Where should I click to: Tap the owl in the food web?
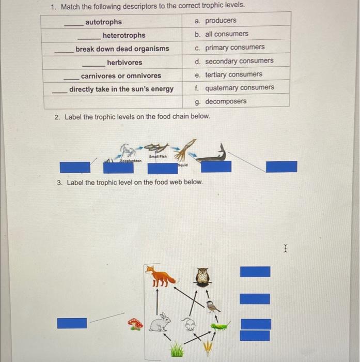point(203,277)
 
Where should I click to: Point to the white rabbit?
point(161,323)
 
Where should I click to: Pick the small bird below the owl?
point(212,306)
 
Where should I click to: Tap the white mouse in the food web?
point(190,325)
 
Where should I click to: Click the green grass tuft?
point(177,351)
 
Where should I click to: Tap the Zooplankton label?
point(131,162)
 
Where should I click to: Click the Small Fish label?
point(158,156)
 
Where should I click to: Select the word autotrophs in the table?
point(103,22)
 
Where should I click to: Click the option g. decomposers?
point(221,101)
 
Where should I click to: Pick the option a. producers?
point(215,21)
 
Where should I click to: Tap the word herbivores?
point(124,62)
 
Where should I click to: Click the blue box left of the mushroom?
point(72,323)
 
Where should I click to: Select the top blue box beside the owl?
point(255,271)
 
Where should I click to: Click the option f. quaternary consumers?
point(234,88)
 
